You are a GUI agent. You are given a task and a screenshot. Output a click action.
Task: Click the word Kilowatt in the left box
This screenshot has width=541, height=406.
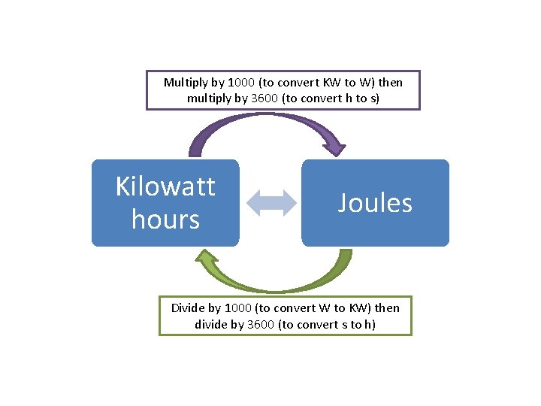165,186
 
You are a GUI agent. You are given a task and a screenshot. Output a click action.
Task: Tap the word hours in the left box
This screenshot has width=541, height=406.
165,220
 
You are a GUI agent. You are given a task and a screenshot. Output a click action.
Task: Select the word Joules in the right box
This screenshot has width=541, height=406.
375,203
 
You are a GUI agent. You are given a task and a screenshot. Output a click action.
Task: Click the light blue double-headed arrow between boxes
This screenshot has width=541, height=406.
270,203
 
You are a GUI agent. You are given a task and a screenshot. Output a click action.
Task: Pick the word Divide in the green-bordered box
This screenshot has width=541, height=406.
188,308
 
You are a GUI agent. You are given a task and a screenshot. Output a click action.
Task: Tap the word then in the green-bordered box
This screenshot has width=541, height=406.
386,308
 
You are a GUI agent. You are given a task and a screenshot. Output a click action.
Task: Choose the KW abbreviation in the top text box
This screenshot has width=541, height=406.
331,82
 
